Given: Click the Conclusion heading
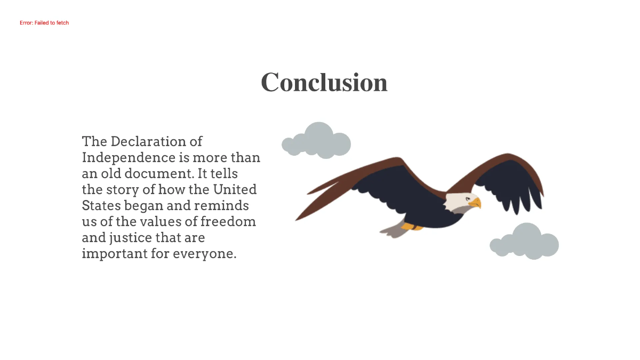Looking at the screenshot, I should click(324, 83).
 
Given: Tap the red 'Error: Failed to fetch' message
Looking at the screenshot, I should click(44, 23).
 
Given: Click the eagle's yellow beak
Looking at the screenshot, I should click(475, 203).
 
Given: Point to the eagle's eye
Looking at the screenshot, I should click(468, 198).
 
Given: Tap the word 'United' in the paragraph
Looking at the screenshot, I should click(235, 189).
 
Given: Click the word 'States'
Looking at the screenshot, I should click(101, 205).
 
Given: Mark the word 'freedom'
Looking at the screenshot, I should click(228, 221).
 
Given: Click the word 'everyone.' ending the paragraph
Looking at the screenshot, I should click(204, 254).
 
